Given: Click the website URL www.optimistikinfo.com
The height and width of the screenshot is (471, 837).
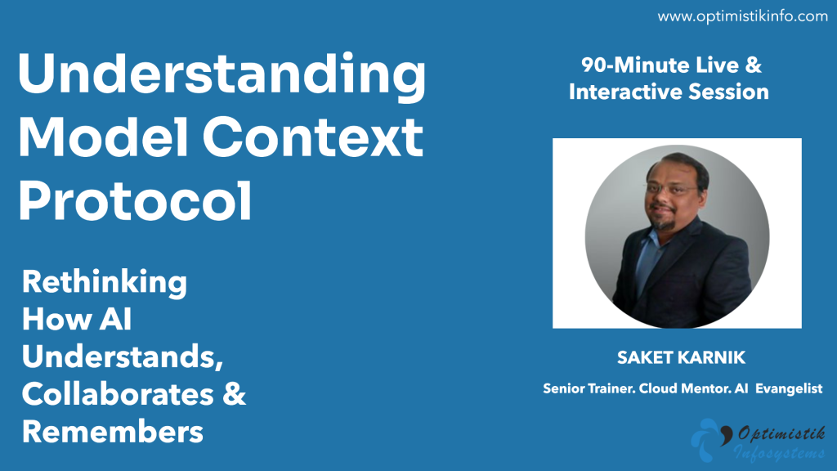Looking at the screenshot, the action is click(742, 16).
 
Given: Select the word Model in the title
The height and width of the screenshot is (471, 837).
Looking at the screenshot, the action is click(103, 137).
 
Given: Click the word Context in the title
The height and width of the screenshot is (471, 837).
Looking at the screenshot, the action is click(313, 137).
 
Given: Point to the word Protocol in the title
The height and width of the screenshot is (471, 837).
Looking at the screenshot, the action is click(135, 200).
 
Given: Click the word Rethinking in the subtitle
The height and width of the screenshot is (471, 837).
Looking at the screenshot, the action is click(105, 282).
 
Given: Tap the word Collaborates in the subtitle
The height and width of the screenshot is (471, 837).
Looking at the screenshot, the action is click(118, 394).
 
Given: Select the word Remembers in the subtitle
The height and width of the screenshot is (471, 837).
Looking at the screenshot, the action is click(113, 432).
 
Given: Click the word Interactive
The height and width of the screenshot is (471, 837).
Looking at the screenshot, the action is click(625, 92).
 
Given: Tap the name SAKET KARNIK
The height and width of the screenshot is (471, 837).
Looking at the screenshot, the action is click(681, 357).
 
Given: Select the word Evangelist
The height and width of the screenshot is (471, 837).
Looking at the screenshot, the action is click(789, 388).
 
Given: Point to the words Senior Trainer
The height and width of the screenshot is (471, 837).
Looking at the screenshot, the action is click(589, 388).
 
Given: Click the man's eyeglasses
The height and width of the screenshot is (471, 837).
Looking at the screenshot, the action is click(673, 187).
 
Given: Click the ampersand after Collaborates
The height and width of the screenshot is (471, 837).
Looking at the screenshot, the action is click(234, 394).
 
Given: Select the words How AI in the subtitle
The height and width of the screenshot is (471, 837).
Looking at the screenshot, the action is click(77, 320).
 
